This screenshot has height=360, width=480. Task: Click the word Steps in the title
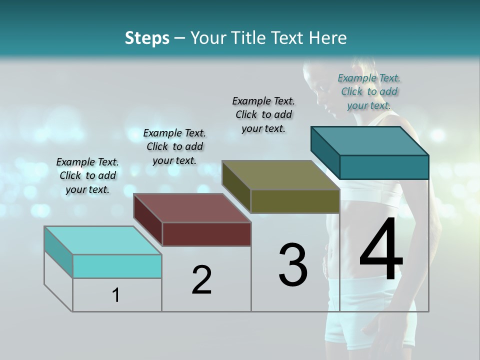pos(147,38)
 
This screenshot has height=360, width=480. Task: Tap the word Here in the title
pos(328,38)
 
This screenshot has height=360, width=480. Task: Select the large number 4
pos(381,251)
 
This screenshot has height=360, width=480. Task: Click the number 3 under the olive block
pos(292,265)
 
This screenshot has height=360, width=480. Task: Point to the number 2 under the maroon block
pos(201,280)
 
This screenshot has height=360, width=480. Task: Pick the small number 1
pos(116,295)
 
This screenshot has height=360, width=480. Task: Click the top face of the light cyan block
pos(103,240)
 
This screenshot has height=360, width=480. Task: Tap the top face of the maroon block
pos(192,207)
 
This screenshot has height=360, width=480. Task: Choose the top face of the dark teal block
pos(370,140)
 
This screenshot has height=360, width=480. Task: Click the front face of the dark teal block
pos(384,167)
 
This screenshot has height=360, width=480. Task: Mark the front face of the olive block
pos(295,201)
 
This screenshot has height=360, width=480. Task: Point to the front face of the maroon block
pos(206,234)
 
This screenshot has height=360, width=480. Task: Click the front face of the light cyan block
pos(117,266)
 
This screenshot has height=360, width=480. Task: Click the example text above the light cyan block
pos(87,176)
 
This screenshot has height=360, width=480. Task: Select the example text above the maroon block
pos(174,146)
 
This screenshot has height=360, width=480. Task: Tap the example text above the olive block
pos(263,114)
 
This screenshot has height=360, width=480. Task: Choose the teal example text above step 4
pos(369,91)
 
